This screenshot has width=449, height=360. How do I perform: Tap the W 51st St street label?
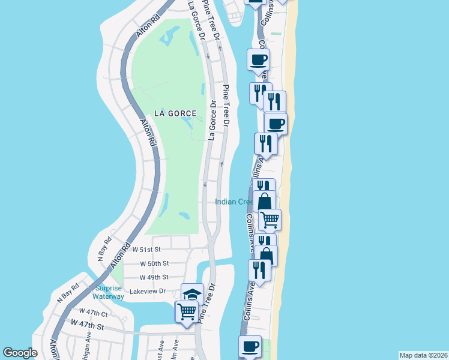pos(147,249)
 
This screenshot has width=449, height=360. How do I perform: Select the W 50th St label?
pos(154,263)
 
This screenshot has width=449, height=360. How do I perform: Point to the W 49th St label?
pos(154,277)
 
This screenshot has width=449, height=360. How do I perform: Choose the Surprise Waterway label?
pos(109,292)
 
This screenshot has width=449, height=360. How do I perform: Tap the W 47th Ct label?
pos(93,313)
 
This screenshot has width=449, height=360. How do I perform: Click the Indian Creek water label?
pos(234,202)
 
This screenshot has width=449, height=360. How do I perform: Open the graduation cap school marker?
pos(192,294)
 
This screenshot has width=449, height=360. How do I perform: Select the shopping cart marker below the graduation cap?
pos(186,312)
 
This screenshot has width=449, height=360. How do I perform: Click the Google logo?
pos(20,353)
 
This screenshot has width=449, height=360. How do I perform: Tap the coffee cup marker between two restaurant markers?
pos(276,124)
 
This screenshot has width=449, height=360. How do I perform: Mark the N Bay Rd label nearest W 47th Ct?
pos(68,292)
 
